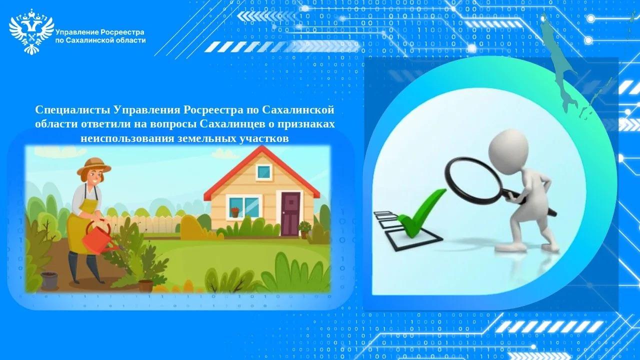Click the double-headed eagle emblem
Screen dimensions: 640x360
(x=31, y=31)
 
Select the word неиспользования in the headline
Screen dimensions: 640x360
(x=127, y=138)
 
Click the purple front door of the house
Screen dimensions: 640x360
(x=290, y=213)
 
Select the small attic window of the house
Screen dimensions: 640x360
(x=263, y=172)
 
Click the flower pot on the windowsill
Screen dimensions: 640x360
(x=235, y=212)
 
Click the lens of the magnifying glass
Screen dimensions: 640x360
(x=473, y=180)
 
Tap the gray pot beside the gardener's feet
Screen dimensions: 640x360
(x=49, y=279)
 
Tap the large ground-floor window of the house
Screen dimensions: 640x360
(x=244, y=207)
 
